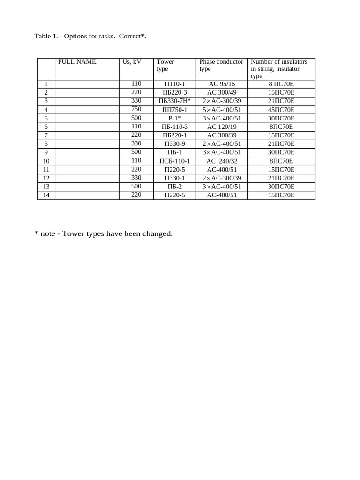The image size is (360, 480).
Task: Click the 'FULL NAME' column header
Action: [x=77, y=62]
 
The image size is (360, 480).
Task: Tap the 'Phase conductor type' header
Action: [x=221, y=65]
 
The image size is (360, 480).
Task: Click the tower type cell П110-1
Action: [x=175, y=84]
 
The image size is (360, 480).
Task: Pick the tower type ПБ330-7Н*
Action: [x=175, y=101]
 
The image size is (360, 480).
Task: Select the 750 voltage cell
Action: [x=136, y=109]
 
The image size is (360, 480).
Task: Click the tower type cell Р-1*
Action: [x=175, y=118]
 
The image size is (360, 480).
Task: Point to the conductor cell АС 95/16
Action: [x=222, y=84]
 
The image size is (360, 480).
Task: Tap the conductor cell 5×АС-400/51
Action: [x=222, y=110]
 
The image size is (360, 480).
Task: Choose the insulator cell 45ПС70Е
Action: [x=281, y=110]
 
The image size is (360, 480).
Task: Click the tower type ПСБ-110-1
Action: [x=175, y=161]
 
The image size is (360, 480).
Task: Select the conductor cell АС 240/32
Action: [x=222, y=161]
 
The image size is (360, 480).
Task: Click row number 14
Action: [x=46, y=195]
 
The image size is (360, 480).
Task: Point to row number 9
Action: [x=46, y=152]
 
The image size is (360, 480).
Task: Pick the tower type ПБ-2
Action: [x=175, y=187]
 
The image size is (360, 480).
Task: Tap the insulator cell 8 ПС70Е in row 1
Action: [x=281, y=84]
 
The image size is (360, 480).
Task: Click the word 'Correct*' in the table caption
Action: [x=132, y=36]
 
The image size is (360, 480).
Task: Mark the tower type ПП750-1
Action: [x=175, y=110]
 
